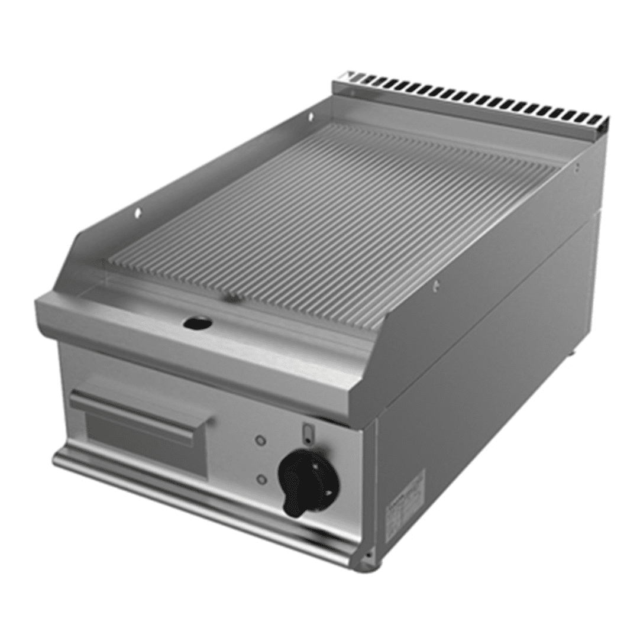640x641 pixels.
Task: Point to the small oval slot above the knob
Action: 306,433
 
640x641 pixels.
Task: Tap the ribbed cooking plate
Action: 331,225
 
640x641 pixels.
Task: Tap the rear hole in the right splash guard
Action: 576,169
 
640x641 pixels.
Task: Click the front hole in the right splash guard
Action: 437,286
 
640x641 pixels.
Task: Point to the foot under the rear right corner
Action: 571,354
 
